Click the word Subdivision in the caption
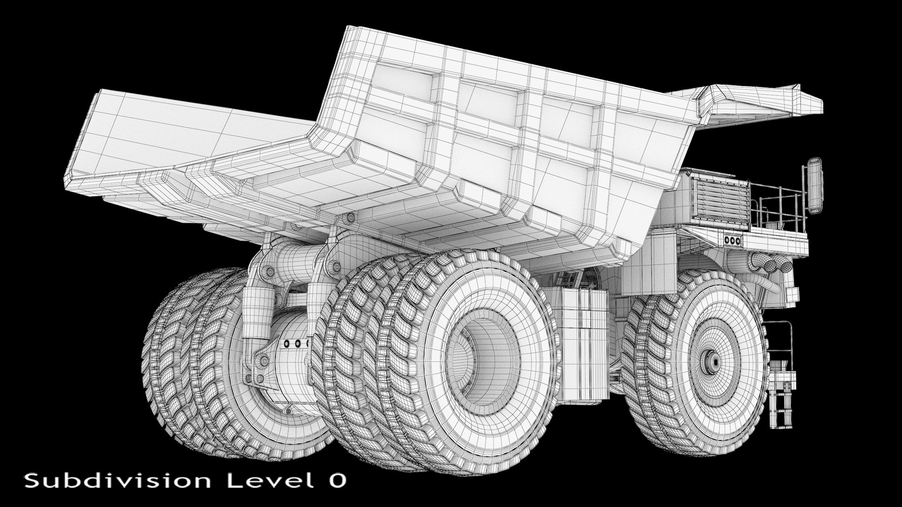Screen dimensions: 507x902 pyautogui.click(x=117, y=481)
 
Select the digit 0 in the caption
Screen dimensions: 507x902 pyautogui.click(x=337, y=481)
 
